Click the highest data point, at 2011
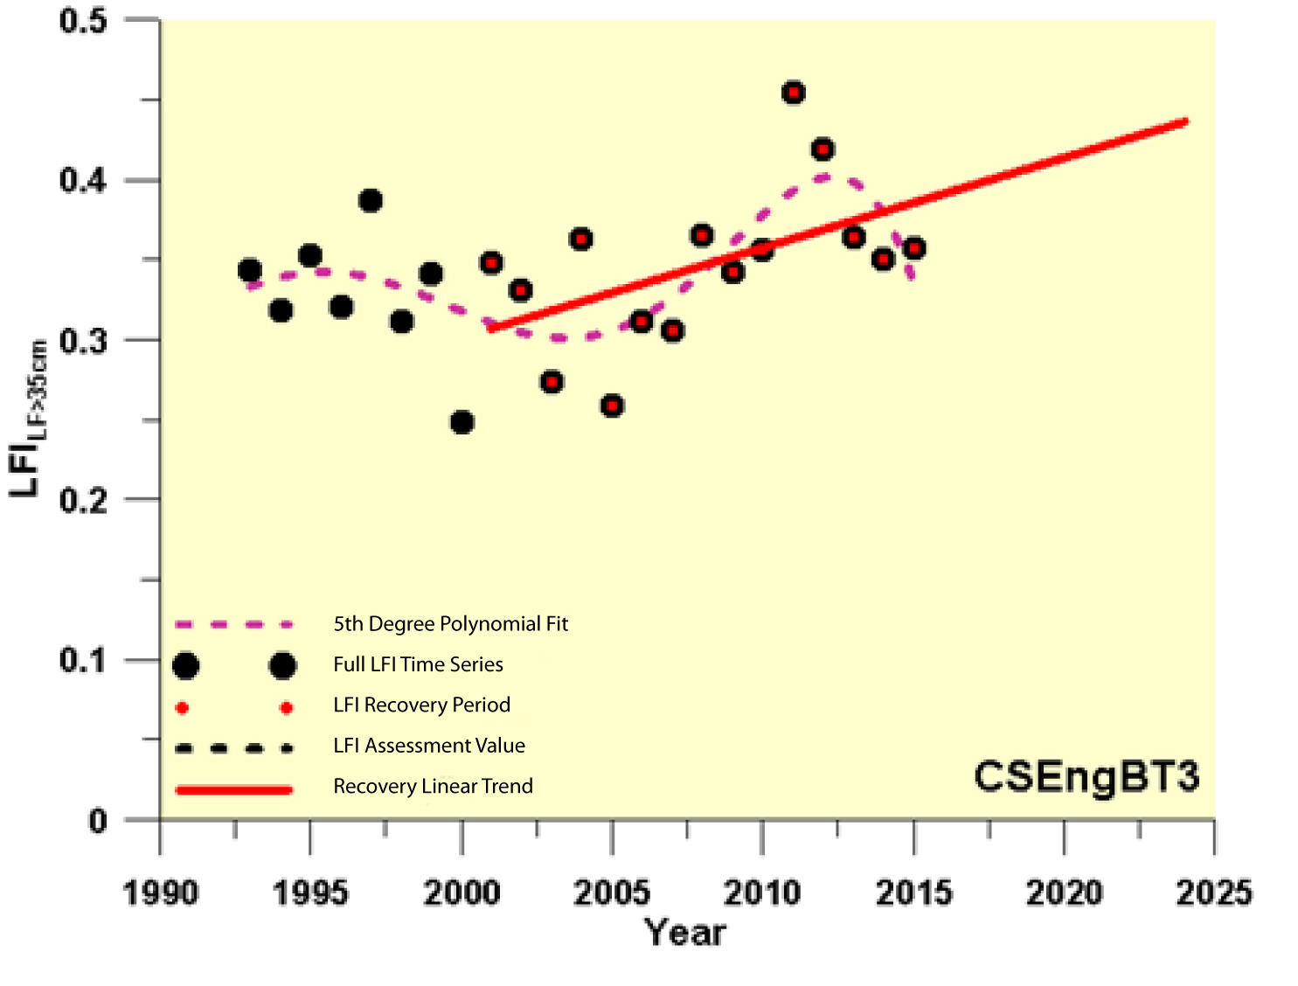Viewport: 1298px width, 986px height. tap(793, 93)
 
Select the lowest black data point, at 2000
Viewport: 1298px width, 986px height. tap(462, 422)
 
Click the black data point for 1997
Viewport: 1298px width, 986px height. tap(371, 201)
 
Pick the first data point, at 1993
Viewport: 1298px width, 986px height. tap(250, 270)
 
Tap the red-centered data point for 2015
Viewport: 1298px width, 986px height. tap(914, 248)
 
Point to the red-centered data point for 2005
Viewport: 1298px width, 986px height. tap(612, 406)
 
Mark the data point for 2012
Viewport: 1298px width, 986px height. tap(823, 149)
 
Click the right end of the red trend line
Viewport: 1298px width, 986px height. tap(1185, 122)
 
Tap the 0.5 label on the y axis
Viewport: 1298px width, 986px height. tap(83, 21)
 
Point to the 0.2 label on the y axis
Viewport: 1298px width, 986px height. tap(83, 501)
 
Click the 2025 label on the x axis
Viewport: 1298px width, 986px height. tap(1213, 892)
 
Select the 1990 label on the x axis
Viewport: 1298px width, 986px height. tap(160, 892)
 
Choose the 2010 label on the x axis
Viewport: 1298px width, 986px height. tap(762, 892)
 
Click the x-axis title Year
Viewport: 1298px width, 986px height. tap(685, 933)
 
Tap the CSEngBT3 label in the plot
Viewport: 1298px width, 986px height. tap(1086, 776)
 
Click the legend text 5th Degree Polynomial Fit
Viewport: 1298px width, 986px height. tap(450, 624)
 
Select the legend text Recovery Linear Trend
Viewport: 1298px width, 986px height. tap(433, 787)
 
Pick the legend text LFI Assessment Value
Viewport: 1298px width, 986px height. tap(429, 746)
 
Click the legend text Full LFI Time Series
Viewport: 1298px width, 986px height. tap(418, 664)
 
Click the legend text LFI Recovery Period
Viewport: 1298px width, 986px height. tap(421, 705)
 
